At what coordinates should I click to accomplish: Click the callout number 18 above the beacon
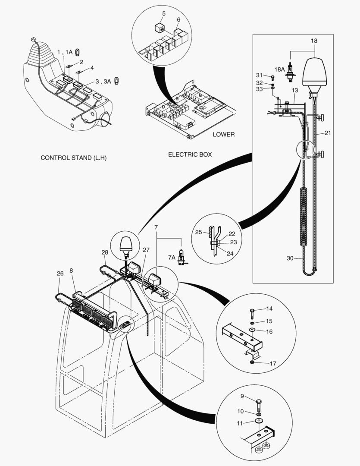[314, 40]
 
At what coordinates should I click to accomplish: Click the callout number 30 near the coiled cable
[290, 258]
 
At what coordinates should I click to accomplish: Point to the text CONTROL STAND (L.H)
[73, 157]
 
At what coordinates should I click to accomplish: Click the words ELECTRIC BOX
[190, 154]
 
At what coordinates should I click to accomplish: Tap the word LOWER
[224, 134]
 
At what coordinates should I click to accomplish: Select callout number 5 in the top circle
[163, 14]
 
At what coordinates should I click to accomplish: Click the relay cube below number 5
[160, 28]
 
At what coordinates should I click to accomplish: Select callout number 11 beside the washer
[241, 423]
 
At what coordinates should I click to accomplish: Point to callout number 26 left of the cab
[60, 273]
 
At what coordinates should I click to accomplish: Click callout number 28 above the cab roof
[105, 252]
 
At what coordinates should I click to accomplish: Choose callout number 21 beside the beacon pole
[328, 133]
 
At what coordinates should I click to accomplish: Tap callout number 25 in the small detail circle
[198, 232]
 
